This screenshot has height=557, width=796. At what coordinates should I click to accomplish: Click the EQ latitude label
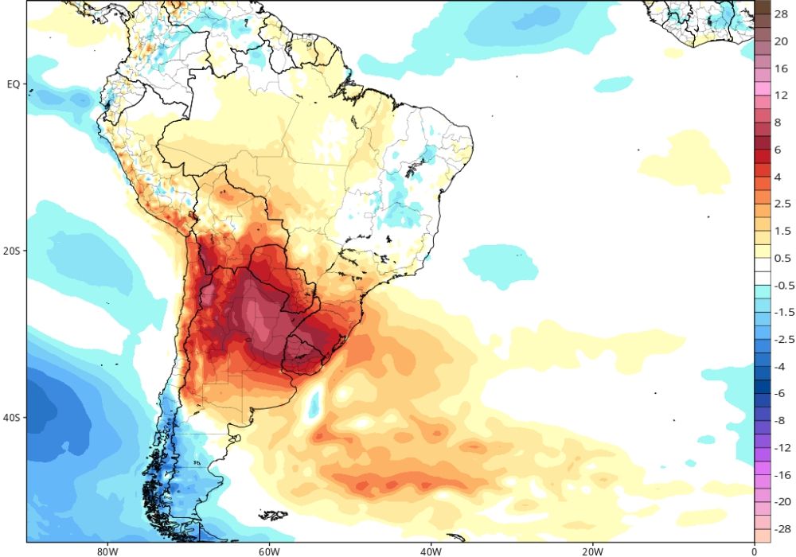click(x=13, y=84)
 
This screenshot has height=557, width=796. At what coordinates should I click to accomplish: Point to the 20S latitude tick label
click(x=12, y=251)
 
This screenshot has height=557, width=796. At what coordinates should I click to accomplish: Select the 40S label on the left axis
click(x=12, y=418)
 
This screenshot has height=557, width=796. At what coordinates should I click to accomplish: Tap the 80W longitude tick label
click(x=107, y=550)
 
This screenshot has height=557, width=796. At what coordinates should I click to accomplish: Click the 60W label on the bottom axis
click(x=269, y=550)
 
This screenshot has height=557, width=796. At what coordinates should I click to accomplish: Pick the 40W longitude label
click(x=431, y=550)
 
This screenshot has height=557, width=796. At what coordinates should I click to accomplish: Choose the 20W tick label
click(x=592, y=550)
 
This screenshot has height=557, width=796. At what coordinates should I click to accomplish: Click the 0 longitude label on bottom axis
click(x=754, y=550)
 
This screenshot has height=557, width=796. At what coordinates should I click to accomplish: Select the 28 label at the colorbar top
click(x=782, y=14)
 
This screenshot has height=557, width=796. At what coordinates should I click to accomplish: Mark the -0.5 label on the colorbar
click(x=783, y=285)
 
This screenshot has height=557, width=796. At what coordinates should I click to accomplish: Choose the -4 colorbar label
click(x=782, y=366)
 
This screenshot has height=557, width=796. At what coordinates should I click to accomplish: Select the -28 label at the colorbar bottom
click(x=783, y=528)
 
